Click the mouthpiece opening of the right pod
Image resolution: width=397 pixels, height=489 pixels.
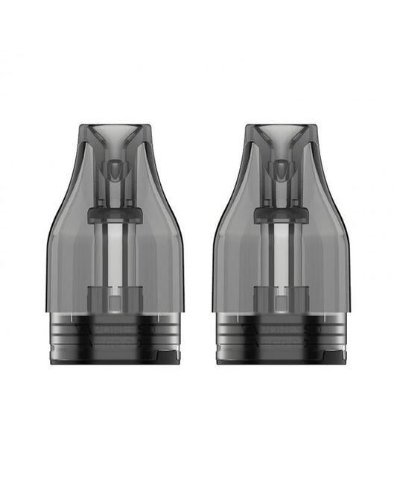tap(281, 132)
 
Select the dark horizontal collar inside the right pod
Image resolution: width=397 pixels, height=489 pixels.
tap(281, 215)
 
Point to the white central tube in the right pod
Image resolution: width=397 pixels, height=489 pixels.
tap(281, 253)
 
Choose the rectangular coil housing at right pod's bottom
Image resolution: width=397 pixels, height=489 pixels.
tap(281, 298)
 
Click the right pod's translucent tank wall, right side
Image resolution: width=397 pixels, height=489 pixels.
tap(331, 253)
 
